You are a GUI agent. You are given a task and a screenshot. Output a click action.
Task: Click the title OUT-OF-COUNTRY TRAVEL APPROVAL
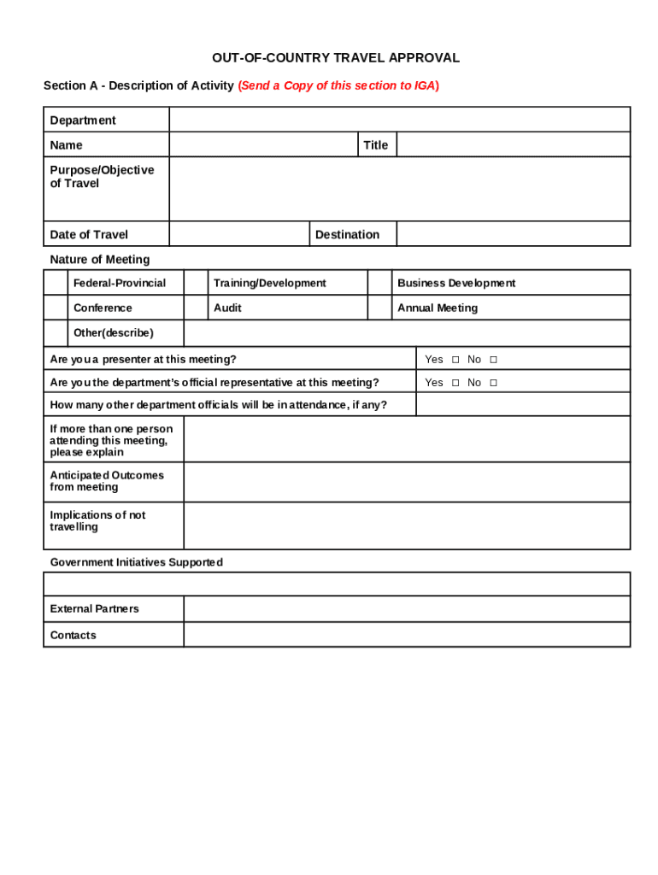(x=336, y=58)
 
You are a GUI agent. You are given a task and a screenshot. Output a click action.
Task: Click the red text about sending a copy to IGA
(x=338, y=85)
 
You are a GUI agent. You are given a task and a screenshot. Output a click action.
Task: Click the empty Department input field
(x=399, y=120)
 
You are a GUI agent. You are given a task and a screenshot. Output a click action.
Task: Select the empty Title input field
(x=513, y=145)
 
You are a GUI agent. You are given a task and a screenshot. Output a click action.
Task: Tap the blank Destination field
(x=513, y=234)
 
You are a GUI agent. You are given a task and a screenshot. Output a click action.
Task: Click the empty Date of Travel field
(x=239, y=234)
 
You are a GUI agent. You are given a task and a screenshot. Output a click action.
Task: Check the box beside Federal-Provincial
(x=56, y=283)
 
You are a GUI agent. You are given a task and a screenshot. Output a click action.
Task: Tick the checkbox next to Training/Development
(x=197, y=283)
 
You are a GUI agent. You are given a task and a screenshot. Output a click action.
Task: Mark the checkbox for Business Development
(x=379, y=283)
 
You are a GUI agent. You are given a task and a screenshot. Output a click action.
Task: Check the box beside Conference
(x=56, y=308)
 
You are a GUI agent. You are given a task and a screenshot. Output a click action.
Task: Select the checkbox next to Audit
(x=197, y=308)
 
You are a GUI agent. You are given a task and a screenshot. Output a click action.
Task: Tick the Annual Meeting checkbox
(x=379, y=308)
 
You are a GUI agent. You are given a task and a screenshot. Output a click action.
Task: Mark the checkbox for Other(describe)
(x=56, y=333)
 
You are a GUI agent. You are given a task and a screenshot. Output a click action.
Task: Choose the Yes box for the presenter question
(x=455, y=360)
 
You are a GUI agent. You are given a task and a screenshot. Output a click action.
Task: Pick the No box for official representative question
(x=493, y=383)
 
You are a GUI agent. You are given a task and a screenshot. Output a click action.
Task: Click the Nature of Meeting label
(x=99, y=260)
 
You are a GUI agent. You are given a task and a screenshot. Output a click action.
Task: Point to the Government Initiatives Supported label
(x=136, y=562)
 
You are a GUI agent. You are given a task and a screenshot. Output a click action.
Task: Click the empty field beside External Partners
(x=407, y=609)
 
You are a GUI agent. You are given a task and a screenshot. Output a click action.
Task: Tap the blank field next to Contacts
(x=407, y=635)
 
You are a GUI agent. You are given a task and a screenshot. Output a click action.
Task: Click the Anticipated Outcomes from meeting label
(x=107, y=481)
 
